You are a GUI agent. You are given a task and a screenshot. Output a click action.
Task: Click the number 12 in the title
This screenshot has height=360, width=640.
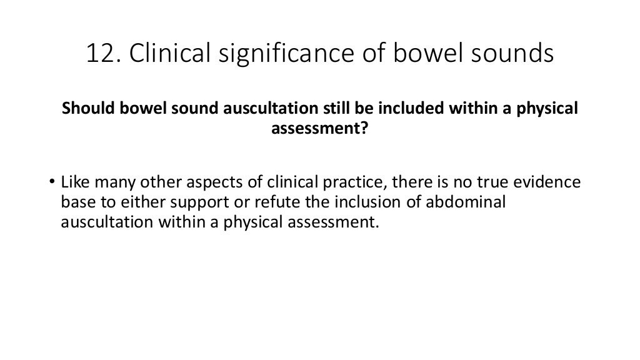(99, 54)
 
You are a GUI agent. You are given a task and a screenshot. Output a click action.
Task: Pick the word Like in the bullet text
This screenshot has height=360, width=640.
(74, 183)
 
